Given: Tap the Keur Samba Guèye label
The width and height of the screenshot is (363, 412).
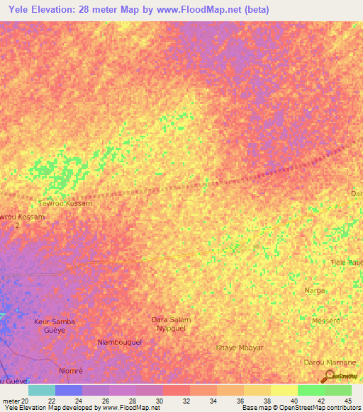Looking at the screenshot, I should pyautogui.click(x=55, y=326).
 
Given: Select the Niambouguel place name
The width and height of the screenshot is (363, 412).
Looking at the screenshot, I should pyautogui.click(x=119, y=342).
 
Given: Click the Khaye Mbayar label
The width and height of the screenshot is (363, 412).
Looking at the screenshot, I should pyautogui.click(x=240, y=348).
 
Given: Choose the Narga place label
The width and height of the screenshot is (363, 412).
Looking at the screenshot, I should pyautogui.click(x=315, y=290).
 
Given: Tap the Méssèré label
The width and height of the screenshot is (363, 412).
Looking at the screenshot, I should pyautogui.click(x=326, y=320).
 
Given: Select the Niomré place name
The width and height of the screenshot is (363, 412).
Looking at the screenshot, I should pyautogui.click(x=70, y=370).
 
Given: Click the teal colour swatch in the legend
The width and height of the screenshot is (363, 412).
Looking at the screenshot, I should pyautogui.click(x=42, y=390).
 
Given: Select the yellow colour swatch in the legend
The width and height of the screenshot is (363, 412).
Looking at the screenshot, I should pyautogui.click(x=284, y=390).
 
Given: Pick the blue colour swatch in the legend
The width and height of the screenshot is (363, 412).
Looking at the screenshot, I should pyautogui.click(x=69, y=390).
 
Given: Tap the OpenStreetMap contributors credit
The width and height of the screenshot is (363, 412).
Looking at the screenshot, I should pyautogui.click(x=312, y=408).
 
